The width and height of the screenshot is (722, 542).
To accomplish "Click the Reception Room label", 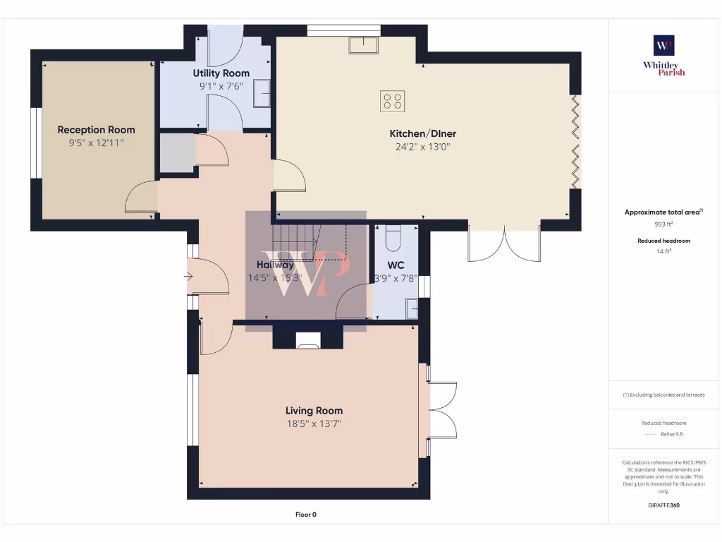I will click(96, 130).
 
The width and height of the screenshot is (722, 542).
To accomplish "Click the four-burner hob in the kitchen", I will click(392, 101).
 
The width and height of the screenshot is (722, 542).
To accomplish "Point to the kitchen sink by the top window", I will click(363, 44).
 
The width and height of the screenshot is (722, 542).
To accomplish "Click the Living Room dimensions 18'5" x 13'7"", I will click(314, 423).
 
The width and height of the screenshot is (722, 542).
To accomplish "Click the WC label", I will click(396, 265).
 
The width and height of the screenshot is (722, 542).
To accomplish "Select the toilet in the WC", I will click(393, 238).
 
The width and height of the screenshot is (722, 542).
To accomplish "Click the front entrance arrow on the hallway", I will click(189, 277).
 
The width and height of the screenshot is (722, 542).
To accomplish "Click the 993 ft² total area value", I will click(663, 224).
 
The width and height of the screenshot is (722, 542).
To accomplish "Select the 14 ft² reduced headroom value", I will click(663, 251).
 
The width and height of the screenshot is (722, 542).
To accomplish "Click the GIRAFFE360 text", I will click(663, 505).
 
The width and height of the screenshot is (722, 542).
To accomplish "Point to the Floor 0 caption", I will click(305, 514).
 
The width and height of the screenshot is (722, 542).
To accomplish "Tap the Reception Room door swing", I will click(141, 198).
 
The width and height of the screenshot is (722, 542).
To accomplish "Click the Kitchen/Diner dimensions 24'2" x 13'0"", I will click(423, 147).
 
